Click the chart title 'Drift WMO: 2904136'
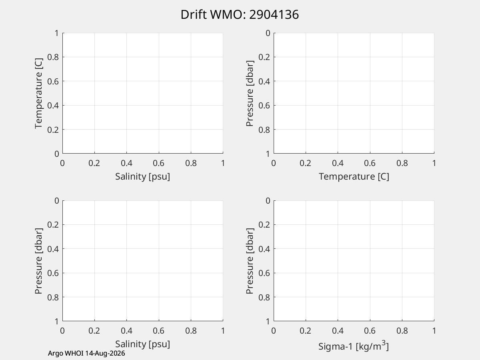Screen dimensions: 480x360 coord(240,15)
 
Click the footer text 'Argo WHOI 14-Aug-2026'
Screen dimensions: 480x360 coord(86,353)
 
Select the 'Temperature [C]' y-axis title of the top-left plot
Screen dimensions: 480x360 coord(38,93)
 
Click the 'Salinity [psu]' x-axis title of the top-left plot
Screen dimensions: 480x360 coord(142,176)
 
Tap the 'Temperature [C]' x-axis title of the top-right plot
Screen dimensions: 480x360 coord(354,176)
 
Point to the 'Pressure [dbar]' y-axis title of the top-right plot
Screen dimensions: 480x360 coord(250,93)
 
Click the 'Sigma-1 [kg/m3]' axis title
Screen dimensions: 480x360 coord(354,346)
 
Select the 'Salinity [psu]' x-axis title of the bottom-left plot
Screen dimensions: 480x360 coord(142,344)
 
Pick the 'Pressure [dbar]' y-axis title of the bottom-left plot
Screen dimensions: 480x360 coord(38,261)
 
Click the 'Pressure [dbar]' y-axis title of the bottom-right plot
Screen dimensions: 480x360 coord(250,261)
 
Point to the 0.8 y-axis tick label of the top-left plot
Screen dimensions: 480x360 coord(53,57)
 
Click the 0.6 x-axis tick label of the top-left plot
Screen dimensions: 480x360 coord(158,163)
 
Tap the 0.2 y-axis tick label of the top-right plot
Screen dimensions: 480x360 coord(264,57)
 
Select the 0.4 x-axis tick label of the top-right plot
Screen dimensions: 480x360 coord(338,163)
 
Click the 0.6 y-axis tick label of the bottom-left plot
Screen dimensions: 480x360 coord(53,273)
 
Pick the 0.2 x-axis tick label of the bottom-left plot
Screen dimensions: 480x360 coord(94,331)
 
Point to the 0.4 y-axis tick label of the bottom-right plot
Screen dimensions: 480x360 coord(264,249)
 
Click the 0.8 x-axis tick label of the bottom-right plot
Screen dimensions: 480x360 coord(402,331)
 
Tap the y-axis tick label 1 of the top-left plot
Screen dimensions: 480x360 coord(57,33)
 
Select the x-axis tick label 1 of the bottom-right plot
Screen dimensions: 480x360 coord(434,331)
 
